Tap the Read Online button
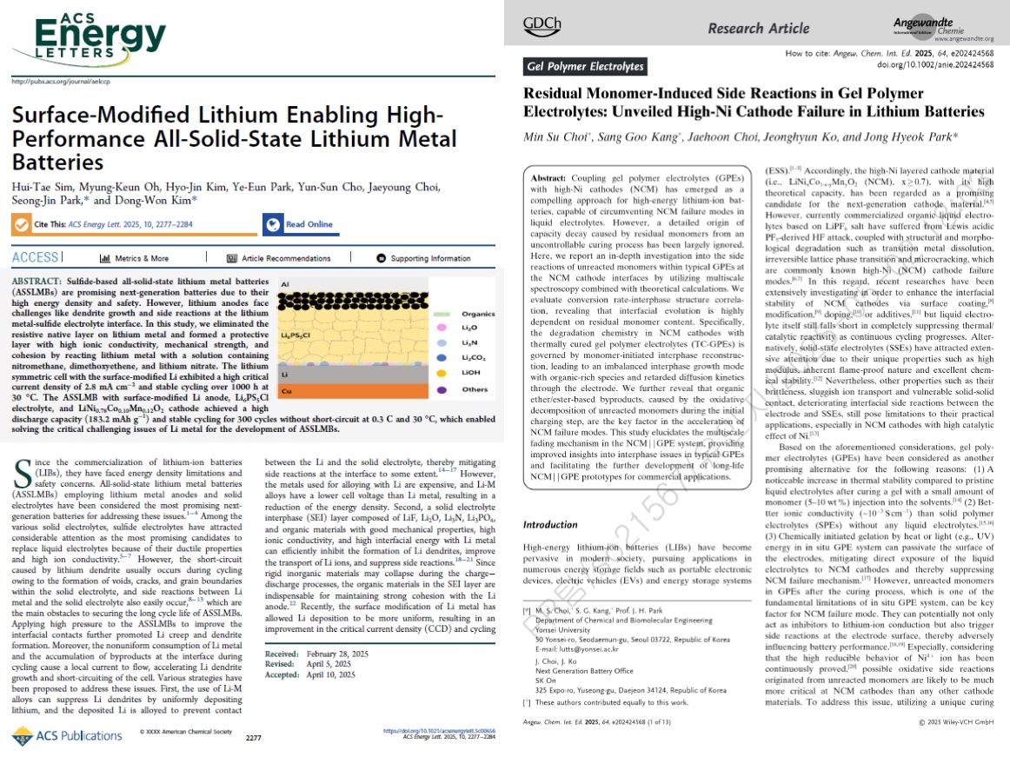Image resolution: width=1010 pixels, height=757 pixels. coord(300,224)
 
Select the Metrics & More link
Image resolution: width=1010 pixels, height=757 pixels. coord(135,258)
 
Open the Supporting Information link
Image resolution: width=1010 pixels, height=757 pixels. coord(423,258)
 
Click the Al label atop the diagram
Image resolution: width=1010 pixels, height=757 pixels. coord(285,284)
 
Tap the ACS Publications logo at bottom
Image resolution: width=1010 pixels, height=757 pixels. coord(68,735)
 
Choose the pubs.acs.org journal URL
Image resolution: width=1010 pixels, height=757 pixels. coord(61,82)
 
